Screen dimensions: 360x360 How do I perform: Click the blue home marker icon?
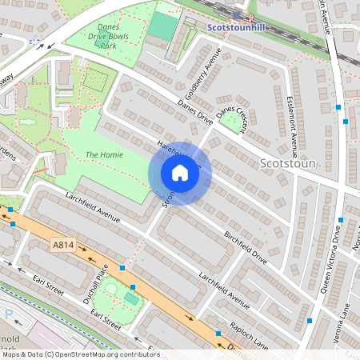pos(180,173)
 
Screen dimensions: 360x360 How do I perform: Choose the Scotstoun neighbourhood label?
pos(289,164)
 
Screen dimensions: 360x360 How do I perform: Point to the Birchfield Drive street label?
pos(245,247)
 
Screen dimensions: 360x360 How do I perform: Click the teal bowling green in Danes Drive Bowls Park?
pos(162,27)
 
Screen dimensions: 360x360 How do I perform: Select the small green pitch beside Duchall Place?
pos(131,298)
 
